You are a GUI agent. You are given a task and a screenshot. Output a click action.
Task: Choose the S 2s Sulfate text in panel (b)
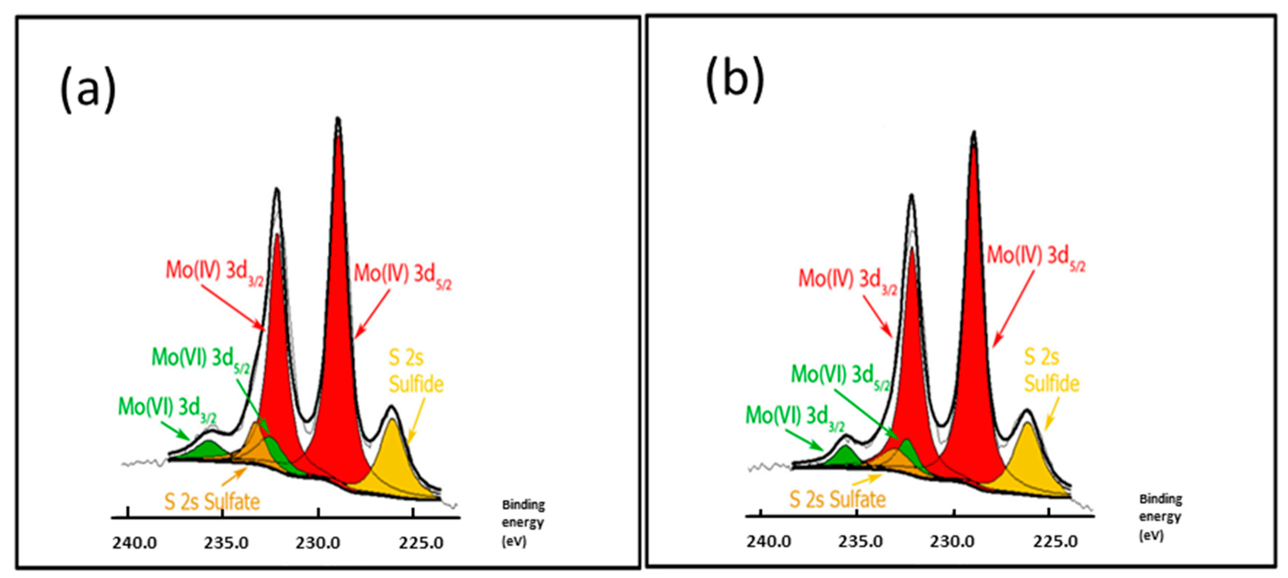(838, 499)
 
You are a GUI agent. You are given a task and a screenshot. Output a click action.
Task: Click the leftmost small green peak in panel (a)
(209, 450)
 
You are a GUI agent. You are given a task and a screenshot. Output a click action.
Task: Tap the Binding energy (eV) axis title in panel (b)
(1160, 517)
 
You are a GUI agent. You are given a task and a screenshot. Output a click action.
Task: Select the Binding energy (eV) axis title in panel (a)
(523, 522)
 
